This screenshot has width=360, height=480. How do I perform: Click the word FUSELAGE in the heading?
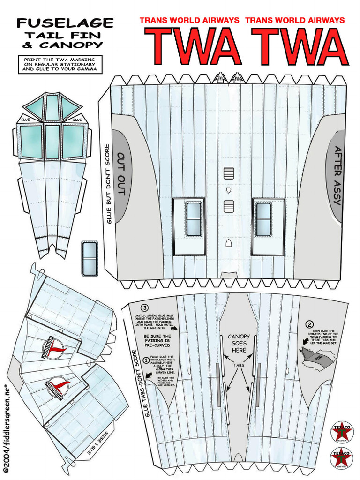tap(65, 23)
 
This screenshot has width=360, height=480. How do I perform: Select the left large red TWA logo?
tap(193, 47)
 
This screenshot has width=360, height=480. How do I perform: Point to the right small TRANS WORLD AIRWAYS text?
tap(295, 20)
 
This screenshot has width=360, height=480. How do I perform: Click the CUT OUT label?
tap(121, 174)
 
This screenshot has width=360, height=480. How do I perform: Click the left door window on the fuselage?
tap(193, 219)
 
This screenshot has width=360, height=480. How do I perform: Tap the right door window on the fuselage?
tap(263, 219)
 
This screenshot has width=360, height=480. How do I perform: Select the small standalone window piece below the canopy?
tap(89, 258)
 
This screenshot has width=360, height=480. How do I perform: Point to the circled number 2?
tap(309, 324)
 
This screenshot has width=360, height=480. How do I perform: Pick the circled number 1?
tap(146, 360)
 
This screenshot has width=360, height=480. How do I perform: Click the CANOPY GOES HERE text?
tap(239, 343)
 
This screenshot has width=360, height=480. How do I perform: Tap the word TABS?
tap(239, 365)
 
